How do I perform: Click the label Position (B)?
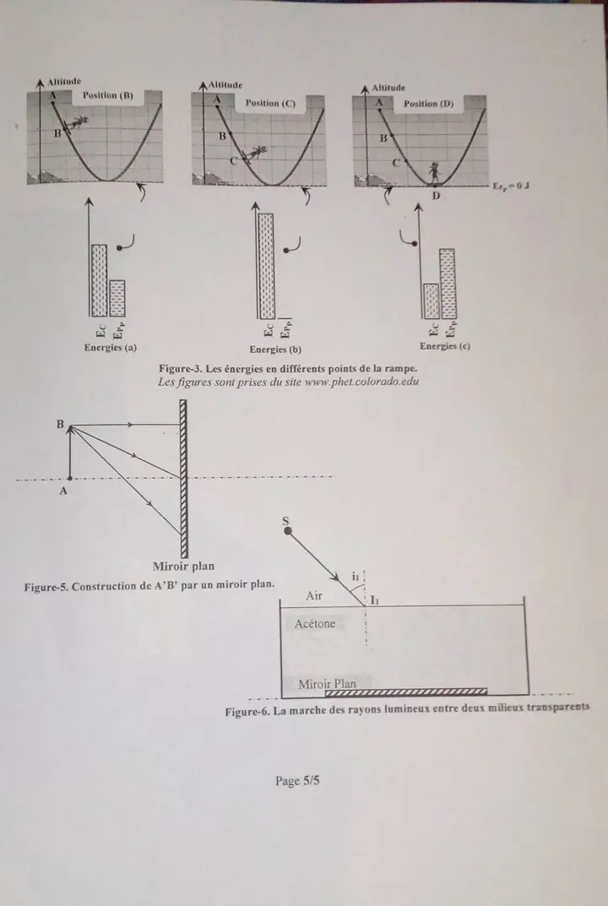click(x=108, y=95)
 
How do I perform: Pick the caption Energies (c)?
click(x=445, y=346)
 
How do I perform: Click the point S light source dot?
click(x=287, y=533)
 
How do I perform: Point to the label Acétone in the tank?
click(x=315, y=624)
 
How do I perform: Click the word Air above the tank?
click(x=314, y=595)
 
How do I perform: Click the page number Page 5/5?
click(x=297, y=781)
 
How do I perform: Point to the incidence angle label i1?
click(x=356, y=576)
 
